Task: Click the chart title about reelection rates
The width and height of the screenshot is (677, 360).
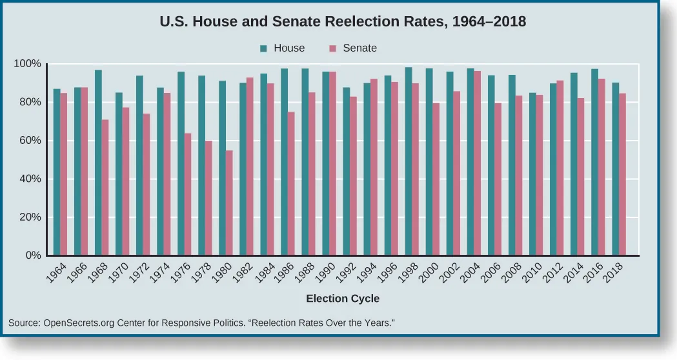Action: [x=343, y=21]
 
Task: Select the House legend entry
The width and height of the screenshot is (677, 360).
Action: [x=281, y=48]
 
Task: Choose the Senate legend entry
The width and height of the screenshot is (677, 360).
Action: [x=353, y=48]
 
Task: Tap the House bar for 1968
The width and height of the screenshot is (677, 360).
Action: [x=98, y=163]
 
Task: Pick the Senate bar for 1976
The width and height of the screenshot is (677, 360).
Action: [x=188, y=194]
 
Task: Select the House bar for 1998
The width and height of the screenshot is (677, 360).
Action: [x=409, y=161]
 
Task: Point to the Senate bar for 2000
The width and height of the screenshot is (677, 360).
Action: [x=436, y=179]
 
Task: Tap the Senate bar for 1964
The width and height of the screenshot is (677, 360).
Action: [x=63, y=174]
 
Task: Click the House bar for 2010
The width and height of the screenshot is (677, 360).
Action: [x=532, y=174]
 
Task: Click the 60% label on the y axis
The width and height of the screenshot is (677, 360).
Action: [x=29, y=141]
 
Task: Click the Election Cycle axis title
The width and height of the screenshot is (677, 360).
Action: [x=343, y=299]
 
